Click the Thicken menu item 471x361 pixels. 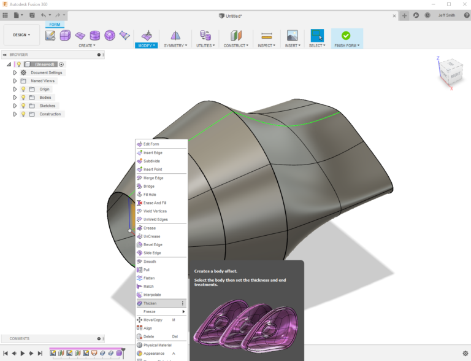[x=150, y=303]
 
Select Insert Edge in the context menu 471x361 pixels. [x=153, y=153]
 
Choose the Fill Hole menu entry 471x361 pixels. [x=150, y=195]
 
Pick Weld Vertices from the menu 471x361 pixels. [x=155, y=211]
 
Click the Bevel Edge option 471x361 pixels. [x=153, y=244]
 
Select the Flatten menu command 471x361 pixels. [x=150, y=278]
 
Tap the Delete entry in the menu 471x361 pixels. [x=149, y=336]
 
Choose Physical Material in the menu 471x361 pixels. [x=157, y=345]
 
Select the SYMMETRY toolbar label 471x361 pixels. [x=175, y=45]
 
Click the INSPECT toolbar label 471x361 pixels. [x=266, y=45]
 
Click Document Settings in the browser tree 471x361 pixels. [x=47, y=72]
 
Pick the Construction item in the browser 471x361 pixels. [x=50, y=114]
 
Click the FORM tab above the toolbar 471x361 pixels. [x=55, y=25]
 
